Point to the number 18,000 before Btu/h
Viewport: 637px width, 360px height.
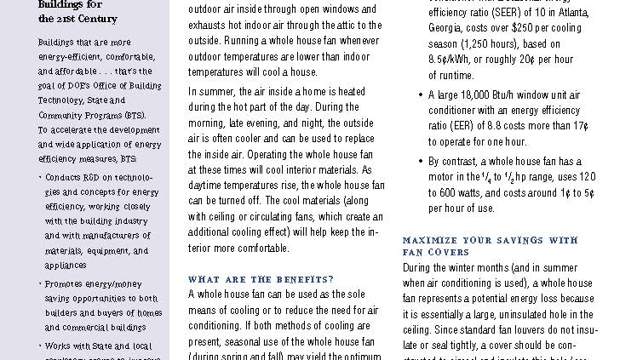479,94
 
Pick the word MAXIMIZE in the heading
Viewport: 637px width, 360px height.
433,241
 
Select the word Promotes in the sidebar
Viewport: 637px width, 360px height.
63,283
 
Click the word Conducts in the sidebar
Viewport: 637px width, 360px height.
64,176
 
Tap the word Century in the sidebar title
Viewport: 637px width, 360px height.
96,18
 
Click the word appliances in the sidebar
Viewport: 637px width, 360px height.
66,265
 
